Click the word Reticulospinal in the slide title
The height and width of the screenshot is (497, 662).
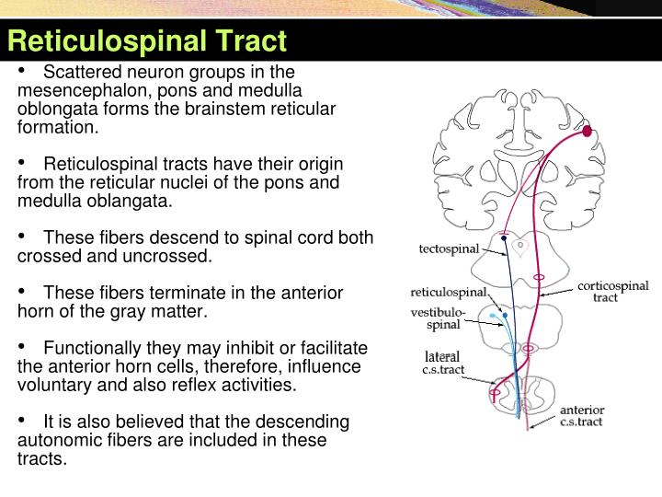[108, 41]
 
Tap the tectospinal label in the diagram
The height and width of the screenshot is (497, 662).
[449, 249]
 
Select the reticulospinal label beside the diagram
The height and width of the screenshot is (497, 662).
[448, 293]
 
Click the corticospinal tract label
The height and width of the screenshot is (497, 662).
[612, 291]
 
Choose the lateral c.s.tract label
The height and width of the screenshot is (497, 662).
[442, 363]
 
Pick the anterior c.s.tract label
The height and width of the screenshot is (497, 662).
[582, 415]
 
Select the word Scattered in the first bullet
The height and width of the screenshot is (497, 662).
[80, 72]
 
